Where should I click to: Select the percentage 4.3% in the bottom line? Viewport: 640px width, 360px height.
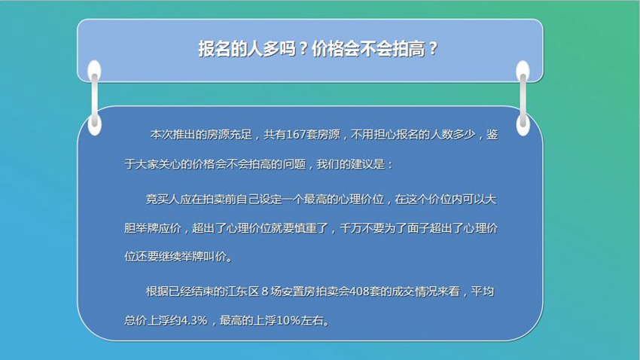point(194,320)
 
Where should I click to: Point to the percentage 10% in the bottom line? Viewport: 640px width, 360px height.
point(288,320)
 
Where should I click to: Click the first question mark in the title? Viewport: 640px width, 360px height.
point(303,49)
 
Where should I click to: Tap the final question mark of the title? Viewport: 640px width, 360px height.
point(433,49)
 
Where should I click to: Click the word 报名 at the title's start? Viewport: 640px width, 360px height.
point(215,49)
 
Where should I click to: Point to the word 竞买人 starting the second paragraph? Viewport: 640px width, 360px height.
point(163,199)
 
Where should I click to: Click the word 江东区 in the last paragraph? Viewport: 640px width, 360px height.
point(242,291)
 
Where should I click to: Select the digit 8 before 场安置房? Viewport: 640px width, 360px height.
point(265,291)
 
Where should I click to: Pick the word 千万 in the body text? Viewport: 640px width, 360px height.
point(351,227)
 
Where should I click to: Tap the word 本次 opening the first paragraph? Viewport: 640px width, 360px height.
point(161,135)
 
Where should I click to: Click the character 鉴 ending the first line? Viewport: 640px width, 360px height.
point(492,135)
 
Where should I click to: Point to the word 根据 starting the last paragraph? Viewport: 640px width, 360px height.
point(157,291)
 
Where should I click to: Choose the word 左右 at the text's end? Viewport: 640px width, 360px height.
point(312,320)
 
